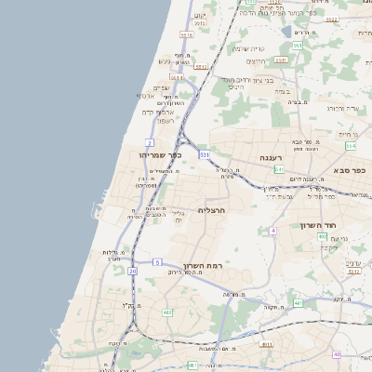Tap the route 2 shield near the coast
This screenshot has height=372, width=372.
[150, 142]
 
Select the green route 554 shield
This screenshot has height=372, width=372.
[297, 45]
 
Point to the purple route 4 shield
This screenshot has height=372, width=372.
[272, 230]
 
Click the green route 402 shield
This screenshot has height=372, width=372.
[323, 237]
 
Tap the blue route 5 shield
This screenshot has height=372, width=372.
[157, 262]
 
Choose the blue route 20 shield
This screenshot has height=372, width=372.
[132, 271]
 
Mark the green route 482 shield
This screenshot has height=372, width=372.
[167, 312]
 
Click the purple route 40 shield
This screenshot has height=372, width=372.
[337, 354]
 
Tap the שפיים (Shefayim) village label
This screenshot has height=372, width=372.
[160, 87]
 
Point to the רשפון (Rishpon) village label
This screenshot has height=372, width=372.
[166, 121]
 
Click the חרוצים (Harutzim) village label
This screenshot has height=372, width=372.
[257, 61]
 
